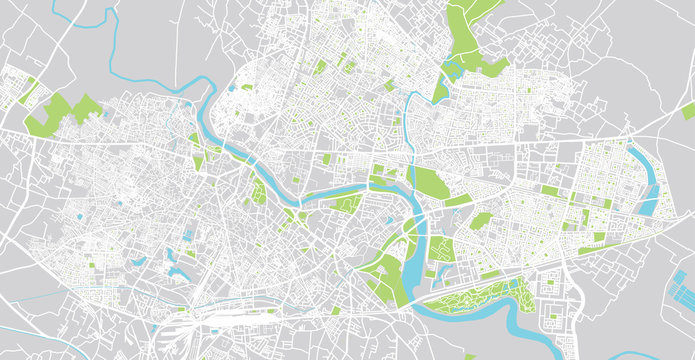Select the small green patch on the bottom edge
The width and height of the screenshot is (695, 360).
[x=470, y=356]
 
